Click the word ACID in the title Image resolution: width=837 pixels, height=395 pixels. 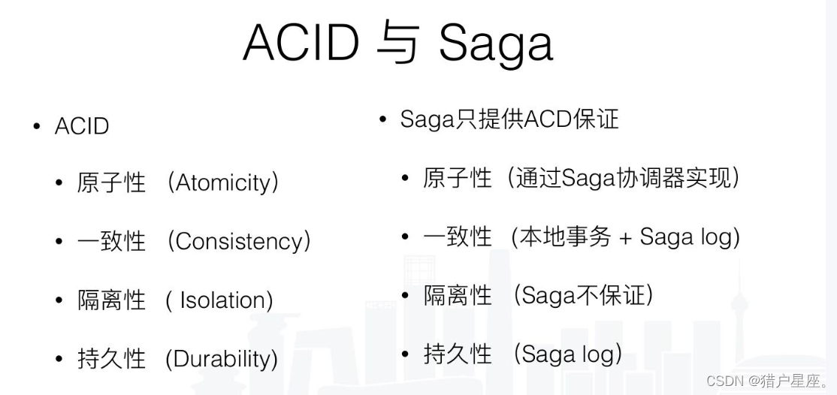301,43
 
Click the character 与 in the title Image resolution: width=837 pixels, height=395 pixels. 399,43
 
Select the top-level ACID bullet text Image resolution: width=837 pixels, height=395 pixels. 82,126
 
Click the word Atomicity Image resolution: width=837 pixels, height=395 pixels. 223,182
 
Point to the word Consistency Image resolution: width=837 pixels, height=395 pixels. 239,241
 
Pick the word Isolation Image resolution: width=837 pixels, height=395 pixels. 225,300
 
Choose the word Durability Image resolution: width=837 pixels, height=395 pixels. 221,358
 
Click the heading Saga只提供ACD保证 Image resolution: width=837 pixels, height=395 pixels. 509,119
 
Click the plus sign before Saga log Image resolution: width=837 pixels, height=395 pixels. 625,238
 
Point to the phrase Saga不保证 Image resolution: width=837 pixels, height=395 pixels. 583,295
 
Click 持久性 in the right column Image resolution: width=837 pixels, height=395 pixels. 458,354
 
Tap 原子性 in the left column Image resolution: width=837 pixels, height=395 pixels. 111,182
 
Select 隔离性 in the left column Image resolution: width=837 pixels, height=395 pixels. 111,300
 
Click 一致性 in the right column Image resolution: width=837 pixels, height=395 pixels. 458,237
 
